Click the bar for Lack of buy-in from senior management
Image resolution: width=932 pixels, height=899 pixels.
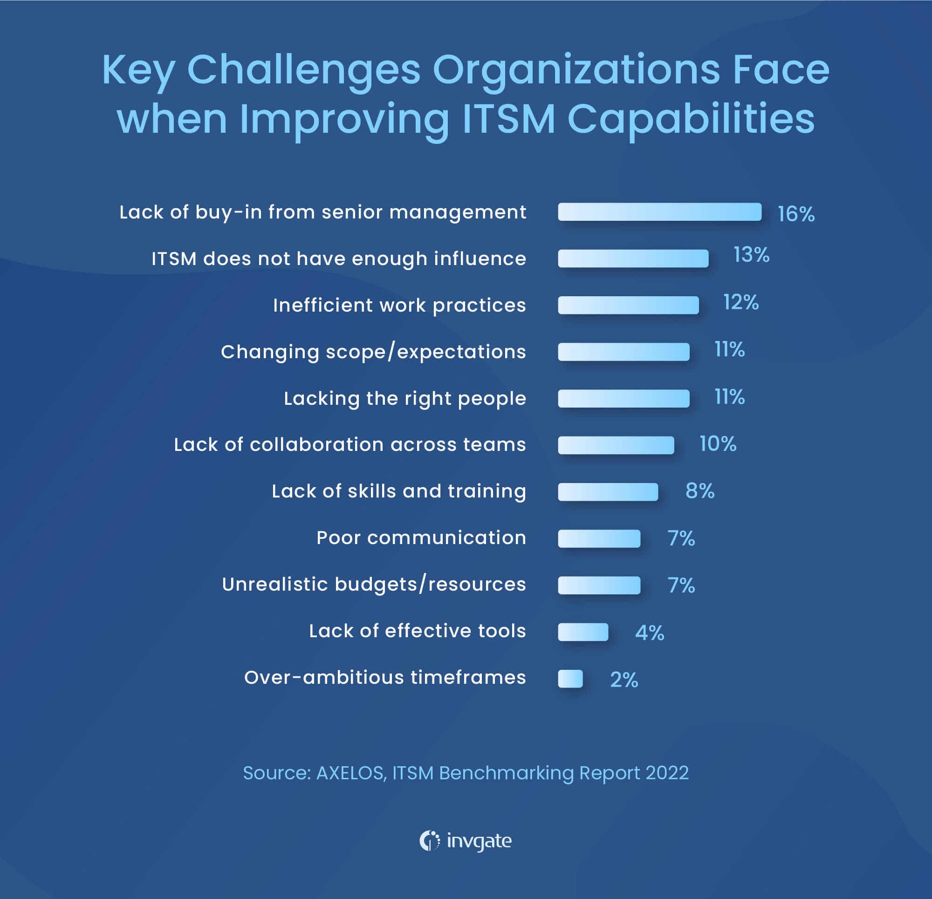(659, 212)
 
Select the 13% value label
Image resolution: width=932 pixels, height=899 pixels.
(751, 255)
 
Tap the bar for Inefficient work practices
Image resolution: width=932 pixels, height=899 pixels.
(628, 305)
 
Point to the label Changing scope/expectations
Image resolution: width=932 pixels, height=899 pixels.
(373, 352)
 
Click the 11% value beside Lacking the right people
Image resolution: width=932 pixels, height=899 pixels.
(729, 396)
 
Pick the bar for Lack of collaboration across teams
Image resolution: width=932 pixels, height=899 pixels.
(616, 445)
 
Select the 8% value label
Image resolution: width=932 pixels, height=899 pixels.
(699, 490)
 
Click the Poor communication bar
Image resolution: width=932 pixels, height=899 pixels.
(599, 538)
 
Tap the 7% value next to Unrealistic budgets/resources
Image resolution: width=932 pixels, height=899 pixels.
(681, 585)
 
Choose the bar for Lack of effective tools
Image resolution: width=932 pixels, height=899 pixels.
(583, 632)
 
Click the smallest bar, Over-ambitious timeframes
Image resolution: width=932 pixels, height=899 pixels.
(570, 678)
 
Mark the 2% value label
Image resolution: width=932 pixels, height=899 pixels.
(624, 679)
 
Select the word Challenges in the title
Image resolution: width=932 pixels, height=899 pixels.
(304, 70)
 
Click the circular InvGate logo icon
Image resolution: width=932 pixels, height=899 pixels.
(429, 840)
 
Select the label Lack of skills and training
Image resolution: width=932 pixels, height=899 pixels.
(398, 491)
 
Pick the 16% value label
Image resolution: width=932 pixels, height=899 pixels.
(795, 214)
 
